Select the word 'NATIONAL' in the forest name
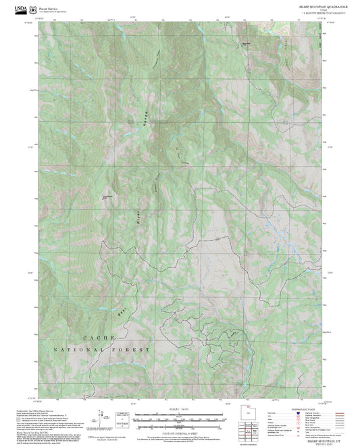click(78, 350)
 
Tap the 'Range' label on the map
click(143, 118)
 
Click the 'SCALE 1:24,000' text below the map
click(180, 410)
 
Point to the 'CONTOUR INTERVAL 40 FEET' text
click(180, 430)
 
